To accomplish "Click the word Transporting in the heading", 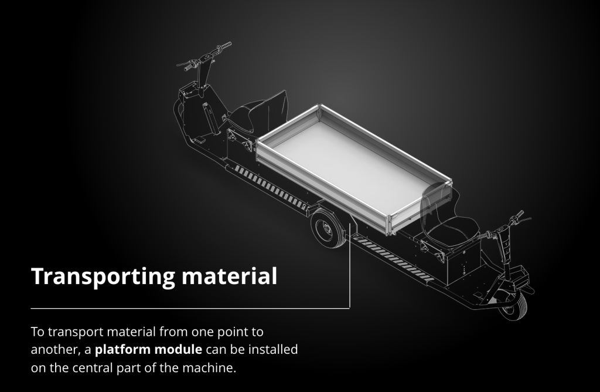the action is tap(103, 276).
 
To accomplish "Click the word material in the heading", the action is tap(229, 276).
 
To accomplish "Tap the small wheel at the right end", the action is tap(513, 306).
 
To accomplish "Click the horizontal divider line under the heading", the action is tap(190, 307).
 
